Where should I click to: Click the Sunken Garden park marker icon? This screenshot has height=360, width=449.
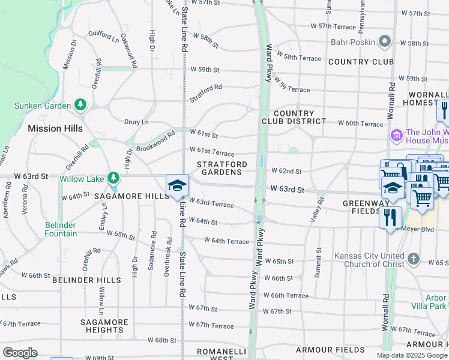pos(80,105)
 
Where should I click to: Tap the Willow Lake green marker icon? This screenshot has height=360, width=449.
pos(113,178)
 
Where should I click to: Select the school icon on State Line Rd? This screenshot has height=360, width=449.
pos(178,185)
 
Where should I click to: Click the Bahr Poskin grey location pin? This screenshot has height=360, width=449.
pos(385,42)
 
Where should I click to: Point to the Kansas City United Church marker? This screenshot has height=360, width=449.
pos(413,259)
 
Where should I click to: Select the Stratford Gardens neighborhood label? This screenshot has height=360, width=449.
pos(221,168)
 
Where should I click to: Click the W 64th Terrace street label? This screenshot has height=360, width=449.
pos(226,241)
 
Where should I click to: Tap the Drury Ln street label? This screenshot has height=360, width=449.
pos(136,122)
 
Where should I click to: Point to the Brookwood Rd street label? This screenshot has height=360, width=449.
pos(155,140)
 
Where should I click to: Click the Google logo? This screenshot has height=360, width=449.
pos(20,352)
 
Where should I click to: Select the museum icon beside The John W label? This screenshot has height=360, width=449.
pos(396,136)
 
